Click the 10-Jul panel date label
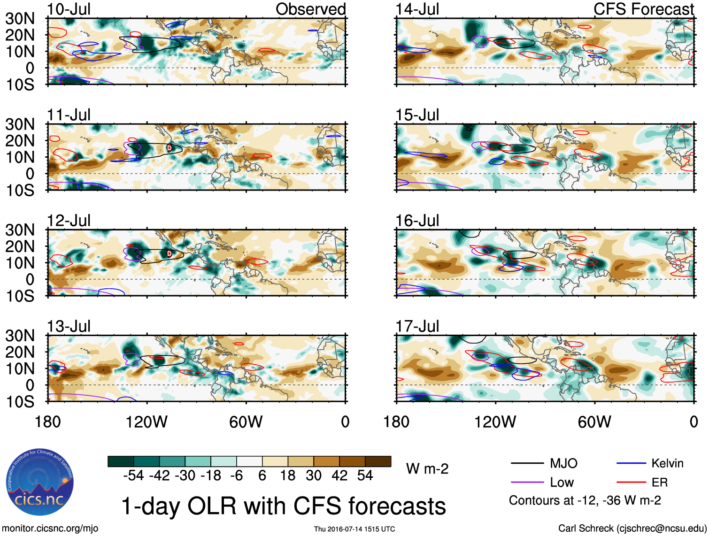[x=69, y=9]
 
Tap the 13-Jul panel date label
[x=69, y=326]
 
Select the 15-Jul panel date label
[x=417, y=115]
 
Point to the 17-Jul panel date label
[x=417, y=326]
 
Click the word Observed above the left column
[x=310, y=9]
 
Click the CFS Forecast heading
[x=643, y=9]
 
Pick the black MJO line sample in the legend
[x=527, y=464]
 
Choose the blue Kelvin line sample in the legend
[x=631, y=464]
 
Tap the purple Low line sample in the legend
[x=527, y=482]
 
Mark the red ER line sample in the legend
[x=631, y=482]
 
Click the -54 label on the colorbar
[x=133, y=475]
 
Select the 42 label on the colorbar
[x=339, y=475]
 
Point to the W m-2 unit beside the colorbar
[x=427, y=469]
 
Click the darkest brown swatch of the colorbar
[x=378, y=461]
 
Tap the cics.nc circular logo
[x=40, y=482]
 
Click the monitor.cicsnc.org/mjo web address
[x=50, y=528]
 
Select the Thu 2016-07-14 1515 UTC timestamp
[x=354, y=529]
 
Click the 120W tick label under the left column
[x=146, y=422]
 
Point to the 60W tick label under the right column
[x=594, y=422]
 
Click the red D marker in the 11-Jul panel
[x=170, y=148]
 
